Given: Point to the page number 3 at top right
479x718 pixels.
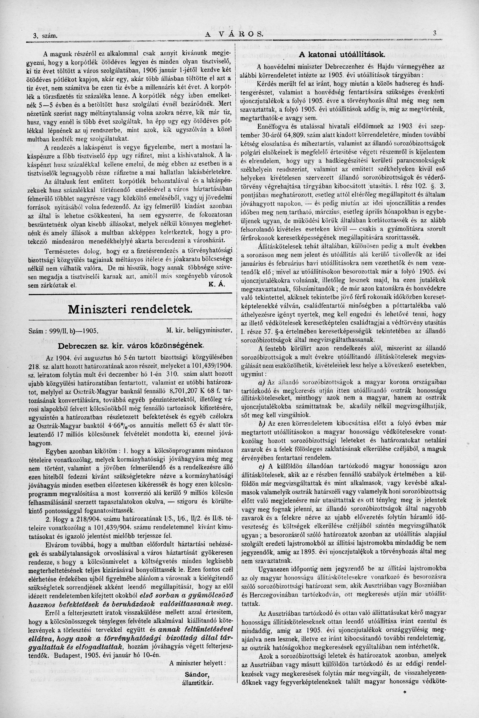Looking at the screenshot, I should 434,34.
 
